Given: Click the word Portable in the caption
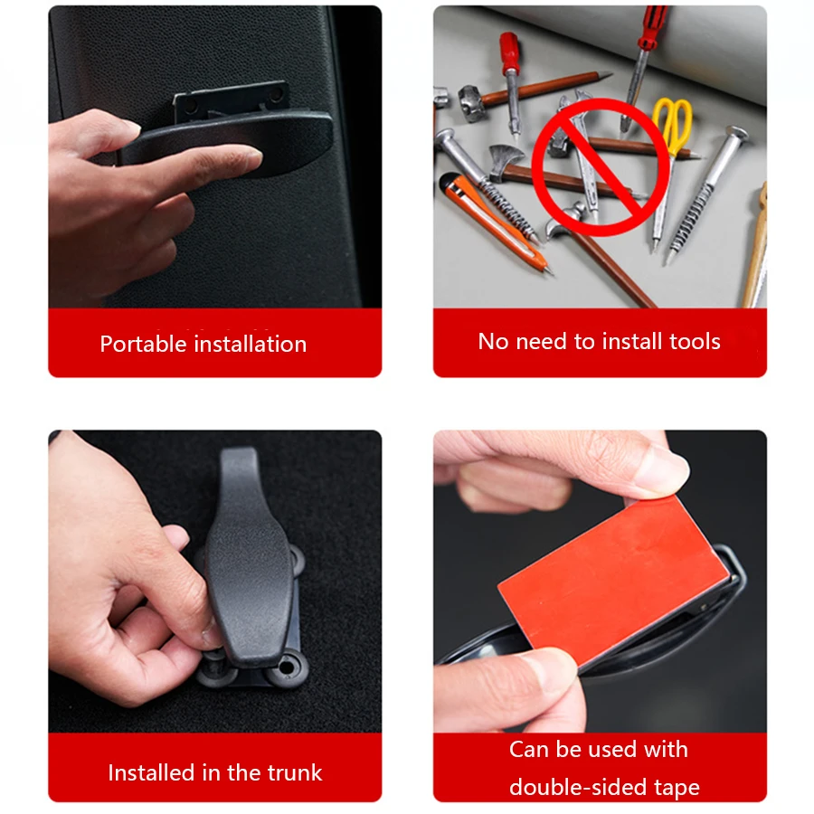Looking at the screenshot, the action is [143, 345].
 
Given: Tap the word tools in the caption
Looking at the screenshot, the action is [695, 342].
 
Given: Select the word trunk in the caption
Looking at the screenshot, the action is [295, 772].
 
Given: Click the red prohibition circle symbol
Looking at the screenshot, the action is [601, 167].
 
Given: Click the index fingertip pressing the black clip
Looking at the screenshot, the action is [244, 158].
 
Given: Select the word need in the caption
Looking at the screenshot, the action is [542, 342].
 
